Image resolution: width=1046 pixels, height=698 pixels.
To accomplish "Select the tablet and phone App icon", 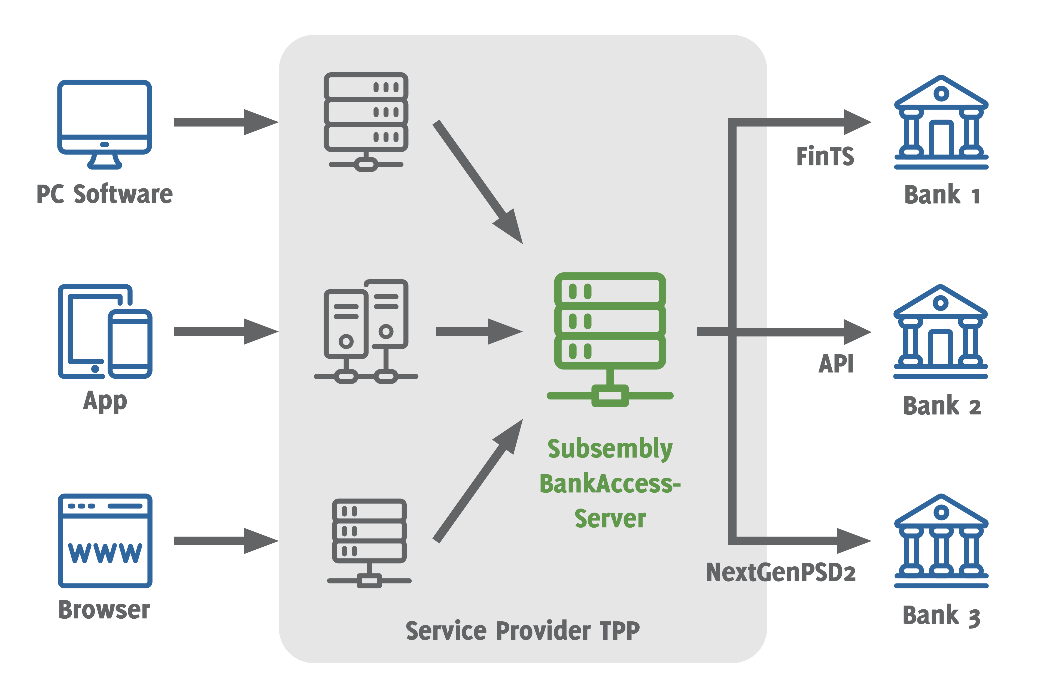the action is click(105, 332).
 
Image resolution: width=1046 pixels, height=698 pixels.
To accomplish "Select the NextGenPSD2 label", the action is click(781, 573).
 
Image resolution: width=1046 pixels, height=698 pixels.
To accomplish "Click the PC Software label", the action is click(105, 194).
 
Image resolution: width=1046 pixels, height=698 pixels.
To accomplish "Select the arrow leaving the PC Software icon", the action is click(226, 122).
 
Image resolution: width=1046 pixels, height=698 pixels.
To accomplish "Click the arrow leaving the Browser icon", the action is click(226, 541).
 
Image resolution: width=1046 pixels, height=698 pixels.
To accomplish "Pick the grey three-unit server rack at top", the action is click(366, 122).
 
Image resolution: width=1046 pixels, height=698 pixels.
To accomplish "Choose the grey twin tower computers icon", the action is click(366, 332).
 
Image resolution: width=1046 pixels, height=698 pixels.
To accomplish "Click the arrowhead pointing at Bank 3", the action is click(854, 541).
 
